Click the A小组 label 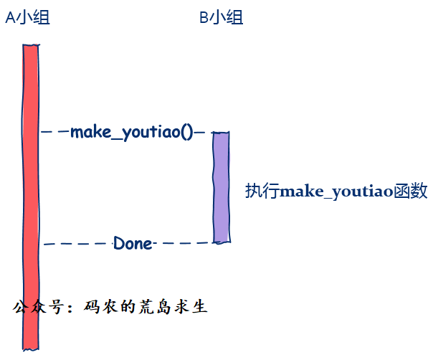27,18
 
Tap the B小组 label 221,18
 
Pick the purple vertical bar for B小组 221,186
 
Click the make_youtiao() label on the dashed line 132,133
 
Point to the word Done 133,244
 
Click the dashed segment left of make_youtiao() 54,132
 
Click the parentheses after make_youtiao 188,133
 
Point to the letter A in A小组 10,18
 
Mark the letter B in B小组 204,18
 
